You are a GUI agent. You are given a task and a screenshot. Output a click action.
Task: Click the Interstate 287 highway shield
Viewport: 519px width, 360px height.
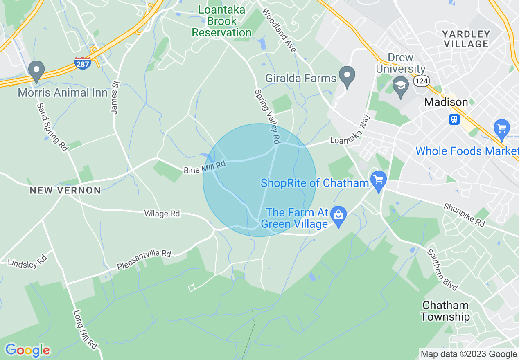pyautogui.click(x=83, y=63)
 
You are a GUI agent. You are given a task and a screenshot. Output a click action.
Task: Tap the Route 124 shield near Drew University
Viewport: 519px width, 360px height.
pyautogui.click(x=421, y=81)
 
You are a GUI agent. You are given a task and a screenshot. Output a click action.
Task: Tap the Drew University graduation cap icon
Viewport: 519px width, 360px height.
pyautogui.click(x=400, y=87)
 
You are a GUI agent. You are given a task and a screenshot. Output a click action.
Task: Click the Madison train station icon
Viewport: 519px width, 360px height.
pyautogui.click(x=454, y=119)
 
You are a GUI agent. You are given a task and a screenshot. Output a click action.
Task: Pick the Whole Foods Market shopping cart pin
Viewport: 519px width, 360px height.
pyautogui.click(x=501, y=129)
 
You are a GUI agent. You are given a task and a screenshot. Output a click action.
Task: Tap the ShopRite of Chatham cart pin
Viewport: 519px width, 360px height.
pyautogui.click(x=378, y=181)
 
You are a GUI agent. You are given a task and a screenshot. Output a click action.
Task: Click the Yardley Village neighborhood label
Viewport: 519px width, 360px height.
pyautogui.click(x=466, y=39)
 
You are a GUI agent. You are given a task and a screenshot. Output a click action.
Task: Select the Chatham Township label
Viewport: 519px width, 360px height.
pyautogui.click(x=445, y=311)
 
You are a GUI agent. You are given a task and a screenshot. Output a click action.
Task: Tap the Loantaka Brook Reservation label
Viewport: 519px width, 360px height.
pyautogui.click(x=222, y=21)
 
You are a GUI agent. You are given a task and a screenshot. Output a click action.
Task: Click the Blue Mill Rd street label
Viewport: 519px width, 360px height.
pyautogui.click(x=205, y=167)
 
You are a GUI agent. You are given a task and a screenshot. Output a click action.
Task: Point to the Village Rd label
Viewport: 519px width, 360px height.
pyautogui.click(x=162, y=213)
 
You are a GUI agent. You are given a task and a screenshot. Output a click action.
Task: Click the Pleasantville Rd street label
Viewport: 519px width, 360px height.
pyautogui.click(x=144, y=260)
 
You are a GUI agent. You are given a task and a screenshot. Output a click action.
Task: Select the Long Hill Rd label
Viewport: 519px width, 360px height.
pyautogui.click(x=85, y=330)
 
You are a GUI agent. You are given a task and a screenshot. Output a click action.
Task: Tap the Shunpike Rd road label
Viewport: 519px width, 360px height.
pyautogui.click(x=464, y=216)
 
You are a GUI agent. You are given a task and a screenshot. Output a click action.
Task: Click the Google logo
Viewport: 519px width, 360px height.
pyautogui.click(x=28, y=350)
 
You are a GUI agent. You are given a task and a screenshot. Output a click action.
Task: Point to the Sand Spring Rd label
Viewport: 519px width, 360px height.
pyautogui.click(x=52, y=127)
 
